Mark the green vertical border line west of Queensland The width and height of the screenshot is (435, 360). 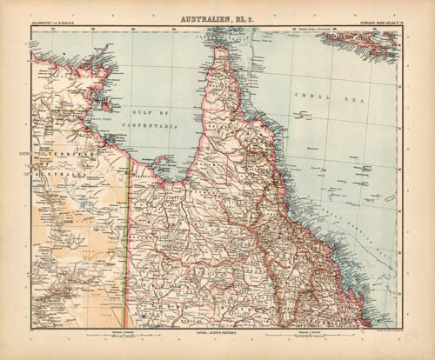[x=130, y=235]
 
